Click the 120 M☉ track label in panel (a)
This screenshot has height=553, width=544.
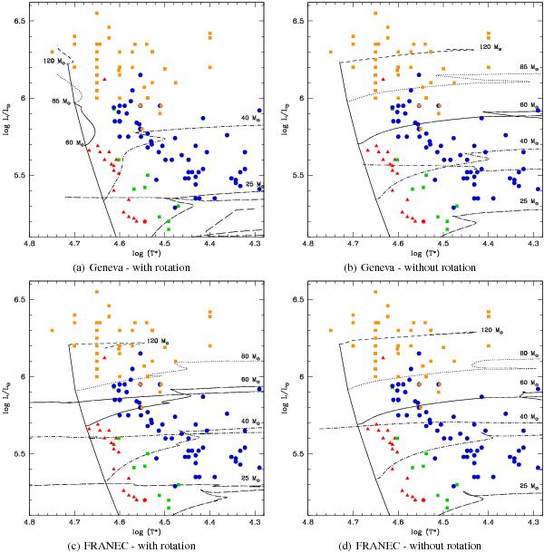point(53,61)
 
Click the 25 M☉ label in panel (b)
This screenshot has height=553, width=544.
point(518,199)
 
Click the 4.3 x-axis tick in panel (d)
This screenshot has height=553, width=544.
point(535,521)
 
